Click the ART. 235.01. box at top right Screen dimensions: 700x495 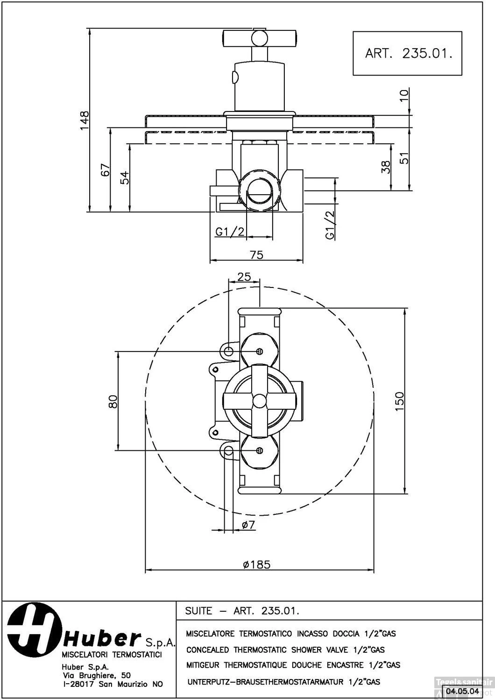point(407,53)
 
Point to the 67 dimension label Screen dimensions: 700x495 point(106,169)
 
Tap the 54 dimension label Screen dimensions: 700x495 point(124,177)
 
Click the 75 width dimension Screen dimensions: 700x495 point(256,254)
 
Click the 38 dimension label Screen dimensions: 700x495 point(386,167)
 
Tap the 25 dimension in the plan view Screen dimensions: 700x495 point(244,277)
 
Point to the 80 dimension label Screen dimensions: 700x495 point(113,401)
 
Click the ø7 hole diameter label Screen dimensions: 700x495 point(248,525)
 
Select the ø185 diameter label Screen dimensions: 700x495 point(257,564)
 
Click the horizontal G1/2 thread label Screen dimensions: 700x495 point(230,232)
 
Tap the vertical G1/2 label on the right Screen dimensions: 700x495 point(330,225)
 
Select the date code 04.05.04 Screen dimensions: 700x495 point(463,691)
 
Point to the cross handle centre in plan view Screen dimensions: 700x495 point(259,400)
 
